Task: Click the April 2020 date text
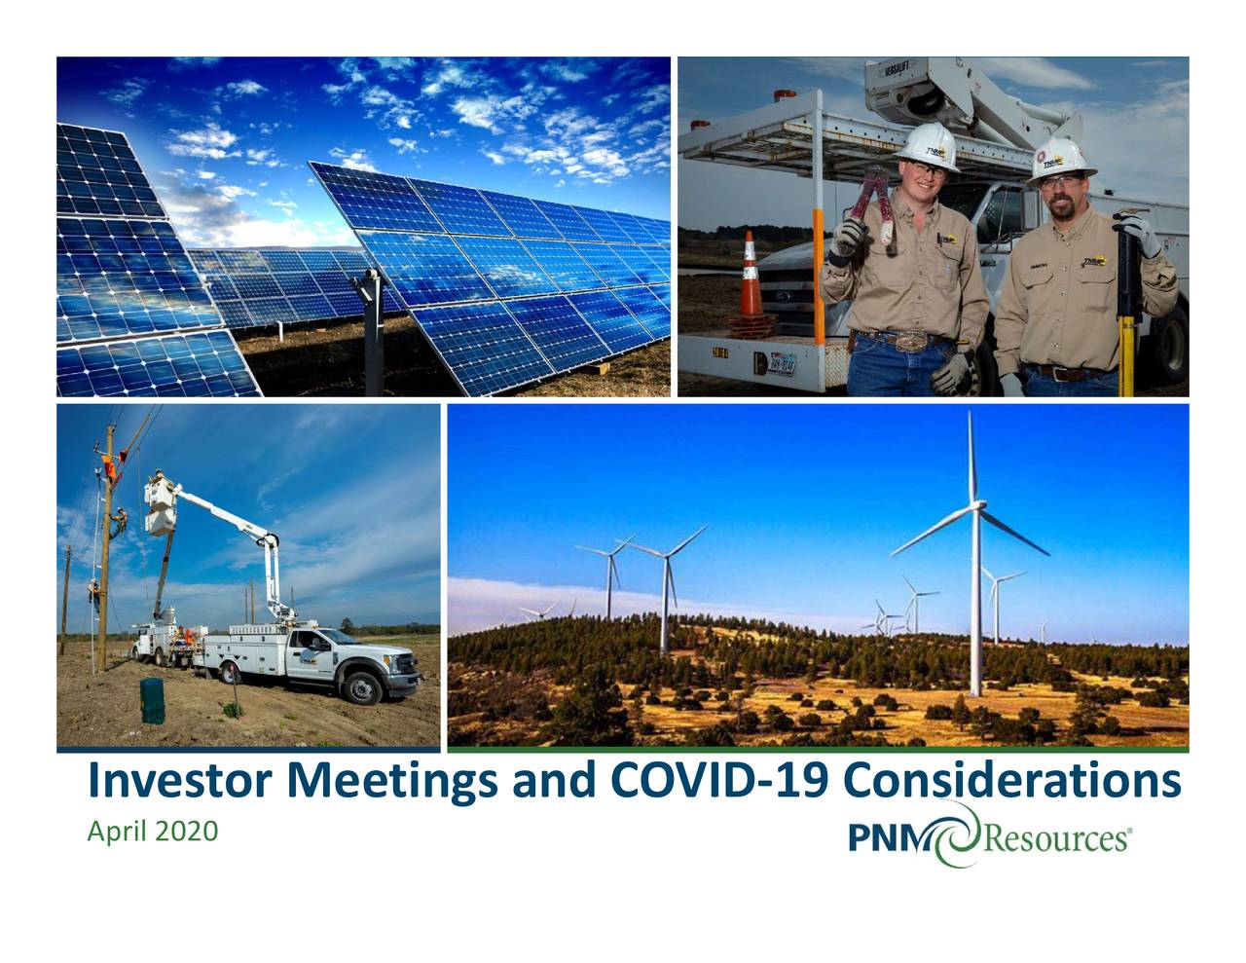point(152,833)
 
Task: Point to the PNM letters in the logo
point(889,837)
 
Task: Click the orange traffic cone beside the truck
point(751,277)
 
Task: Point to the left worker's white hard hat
point(926,145)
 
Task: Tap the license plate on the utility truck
point(782,364)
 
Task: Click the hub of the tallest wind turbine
point(973,506)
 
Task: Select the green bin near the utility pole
point(153,701)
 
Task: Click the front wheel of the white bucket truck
point(363,688)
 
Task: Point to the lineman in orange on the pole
point(110,467)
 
